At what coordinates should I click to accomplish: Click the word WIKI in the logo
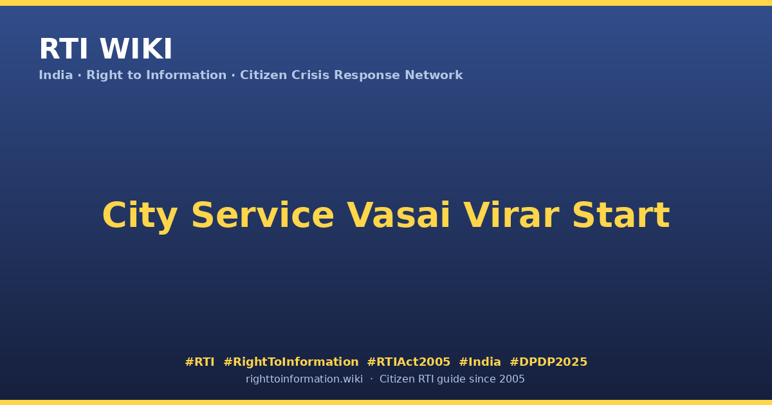coord(136,49)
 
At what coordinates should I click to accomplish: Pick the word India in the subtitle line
coord(56,75)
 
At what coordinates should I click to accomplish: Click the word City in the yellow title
coord(140,216)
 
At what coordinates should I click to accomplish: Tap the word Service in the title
coord(262,215)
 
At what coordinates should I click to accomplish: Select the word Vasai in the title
coord(398,215)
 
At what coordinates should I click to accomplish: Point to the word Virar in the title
coord(511,215)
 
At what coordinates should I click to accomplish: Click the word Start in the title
coord(621,215)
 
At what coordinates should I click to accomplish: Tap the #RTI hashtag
coord(199,362)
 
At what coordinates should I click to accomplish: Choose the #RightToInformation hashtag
coord(291,362)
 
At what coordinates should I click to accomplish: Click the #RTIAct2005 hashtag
coord(409,362)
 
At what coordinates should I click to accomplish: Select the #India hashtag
coord(480,362)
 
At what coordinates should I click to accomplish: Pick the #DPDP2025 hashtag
coord(548,362)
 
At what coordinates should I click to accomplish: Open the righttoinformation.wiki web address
coord(304,379)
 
